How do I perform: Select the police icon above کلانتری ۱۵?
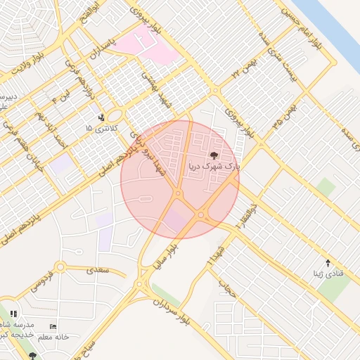coord(103,117)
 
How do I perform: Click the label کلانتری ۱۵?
coord(98,129)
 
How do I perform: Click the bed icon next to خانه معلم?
coord(53,327)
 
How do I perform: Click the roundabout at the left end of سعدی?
coord(60,266)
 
